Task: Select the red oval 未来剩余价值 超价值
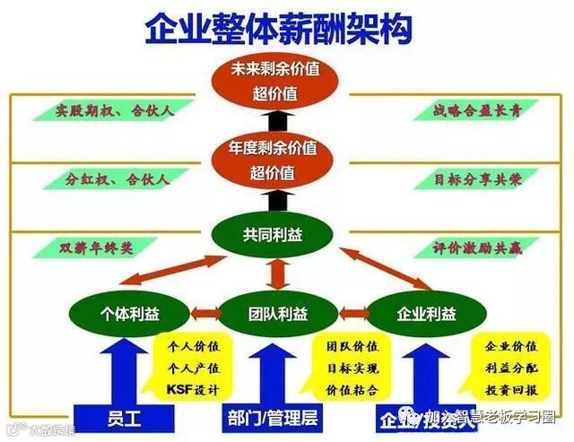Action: point(277,81)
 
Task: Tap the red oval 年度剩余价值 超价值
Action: point(277,158)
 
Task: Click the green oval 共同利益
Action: point(276,234)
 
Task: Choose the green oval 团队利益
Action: point(277,314)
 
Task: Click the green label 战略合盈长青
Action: point(464,110)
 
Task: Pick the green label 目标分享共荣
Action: point(464,178)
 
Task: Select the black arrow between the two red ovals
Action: point(277,118)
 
